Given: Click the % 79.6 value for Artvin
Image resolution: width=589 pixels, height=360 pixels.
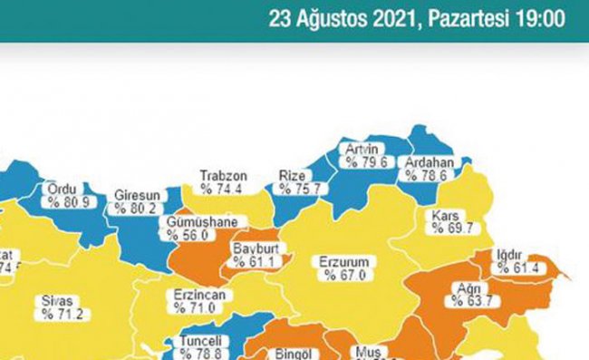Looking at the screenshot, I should point(364,162).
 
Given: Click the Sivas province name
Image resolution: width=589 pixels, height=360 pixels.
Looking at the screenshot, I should point(56,301).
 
